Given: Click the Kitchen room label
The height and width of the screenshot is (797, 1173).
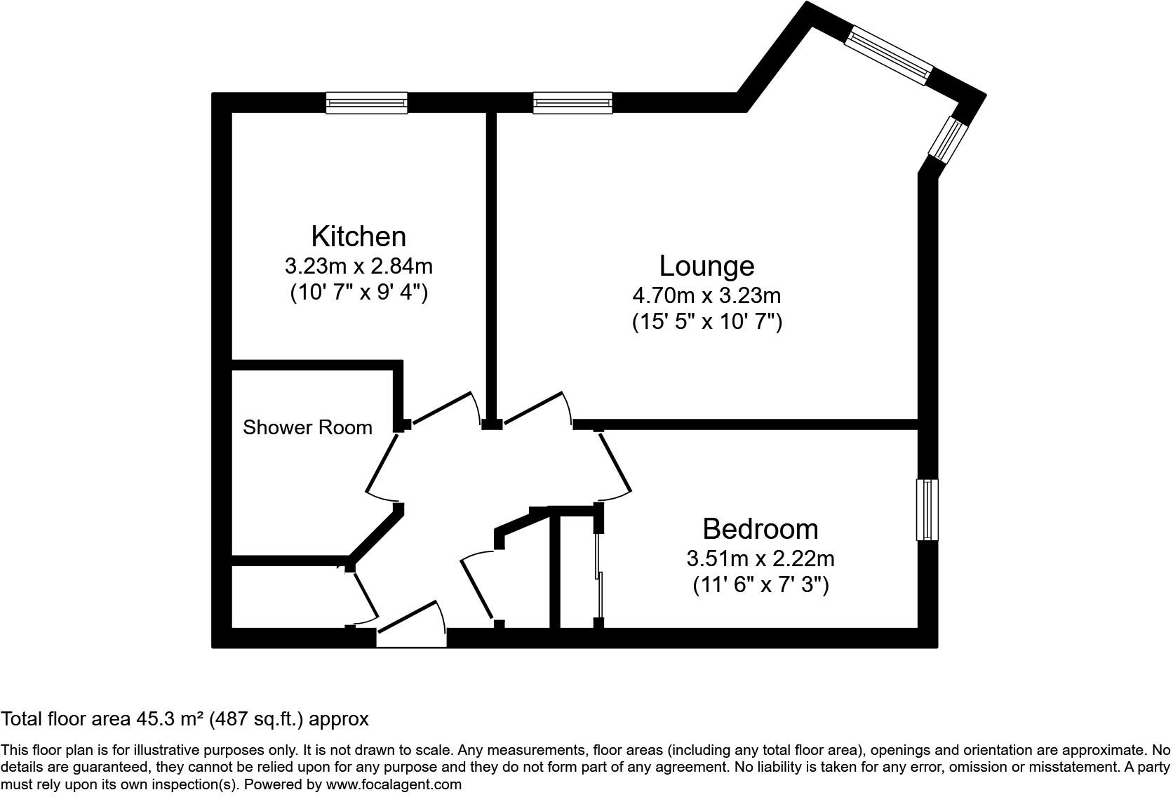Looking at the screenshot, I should click(x=358, y=236).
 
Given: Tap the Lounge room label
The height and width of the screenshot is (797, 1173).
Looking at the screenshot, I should click(x=706, y=266).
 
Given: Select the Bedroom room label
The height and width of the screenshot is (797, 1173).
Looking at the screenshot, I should click(x=760, y=529).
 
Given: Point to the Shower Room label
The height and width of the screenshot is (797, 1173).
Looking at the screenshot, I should click(x=307, y=427).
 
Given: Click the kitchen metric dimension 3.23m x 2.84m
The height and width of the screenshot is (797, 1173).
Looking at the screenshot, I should click(x=358, y=267).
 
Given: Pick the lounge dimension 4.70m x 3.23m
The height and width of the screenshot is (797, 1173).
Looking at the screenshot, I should click(x=706, y=295).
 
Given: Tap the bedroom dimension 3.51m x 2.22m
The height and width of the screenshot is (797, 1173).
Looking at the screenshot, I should click(x=760, y=559).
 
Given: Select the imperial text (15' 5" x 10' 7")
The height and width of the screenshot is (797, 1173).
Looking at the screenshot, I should click(x=706, y=322).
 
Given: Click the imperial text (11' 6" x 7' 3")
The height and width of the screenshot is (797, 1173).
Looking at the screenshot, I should click(x=760, y=584).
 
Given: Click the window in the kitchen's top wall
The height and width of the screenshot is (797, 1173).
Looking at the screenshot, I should click(x=366, y=103).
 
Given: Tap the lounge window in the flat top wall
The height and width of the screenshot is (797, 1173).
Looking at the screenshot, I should click(x=572, y=103).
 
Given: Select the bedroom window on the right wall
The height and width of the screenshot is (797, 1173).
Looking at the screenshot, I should click(x=927, y=510).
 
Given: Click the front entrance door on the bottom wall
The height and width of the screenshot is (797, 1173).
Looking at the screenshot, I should click(x=412, y=625).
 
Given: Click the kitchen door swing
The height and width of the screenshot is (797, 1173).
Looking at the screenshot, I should click(x=443, y=409).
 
